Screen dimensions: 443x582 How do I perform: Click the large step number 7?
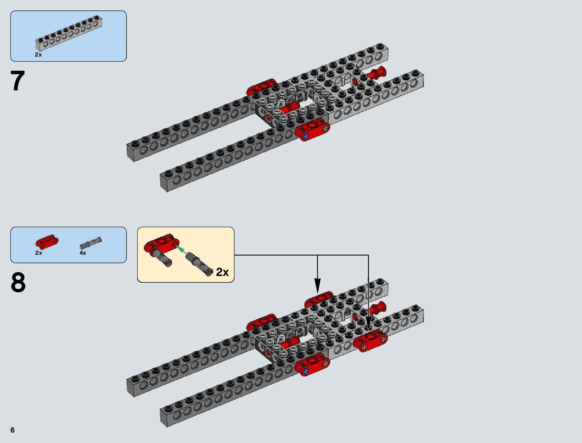point(17,81)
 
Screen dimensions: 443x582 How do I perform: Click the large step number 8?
point(18,283)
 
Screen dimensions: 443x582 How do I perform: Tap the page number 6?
point(13,430)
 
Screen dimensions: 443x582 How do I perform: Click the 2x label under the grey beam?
point(38,55)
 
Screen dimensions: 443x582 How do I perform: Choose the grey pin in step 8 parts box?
point(90,243)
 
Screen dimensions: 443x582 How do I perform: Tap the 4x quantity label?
point(83,253)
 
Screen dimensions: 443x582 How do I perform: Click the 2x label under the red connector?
point(39,253)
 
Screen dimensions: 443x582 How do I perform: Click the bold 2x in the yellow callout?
point(222,272)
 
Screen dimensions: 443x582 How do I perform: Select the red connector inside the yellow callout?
point(161,244)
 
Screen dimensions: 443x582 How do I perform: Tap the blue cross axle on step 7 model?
point(305,137)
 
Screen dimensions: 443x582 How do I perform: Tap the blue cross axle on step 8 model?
point(305,371)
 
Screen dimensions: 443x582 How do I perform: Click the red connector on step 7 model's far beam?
point(261,87)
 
